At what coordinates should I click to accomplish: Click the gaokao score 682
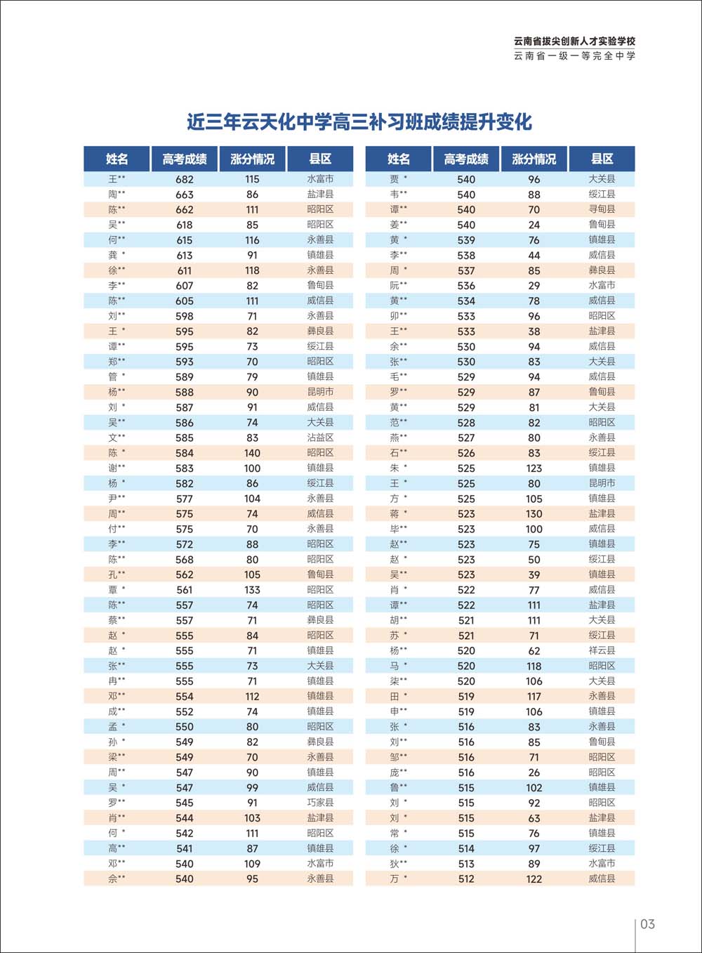pos(185,179)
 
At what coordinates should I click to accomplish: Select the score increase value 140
pos(252,453)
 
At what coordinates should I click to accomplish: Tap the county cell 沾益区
pos(320,438)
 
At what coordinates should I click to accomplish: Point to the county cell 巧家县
pos(320,803)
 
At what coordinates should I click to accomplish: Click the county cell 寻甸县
pos(602,209)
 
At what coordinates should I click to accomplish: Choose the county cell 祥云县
pos(602,650)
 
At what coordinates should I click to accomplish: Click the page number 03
pos(647,924)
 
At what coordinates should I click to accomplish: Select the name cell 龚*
pos(117,255)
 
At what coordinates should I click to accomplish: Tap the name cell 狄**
pos(398,864)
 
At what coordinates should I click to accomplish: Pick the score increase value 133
pos(252,590)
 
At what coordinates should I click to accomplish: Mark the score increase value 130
pos(534,513)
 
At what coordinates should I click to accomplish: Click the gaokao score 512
pos(466,879)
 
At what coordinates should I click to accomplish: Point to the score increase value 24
pos(534,225)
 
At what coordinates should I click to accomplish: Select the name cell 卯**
pos(398,316)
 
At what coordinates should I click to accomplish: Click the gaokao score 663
pos(185,195)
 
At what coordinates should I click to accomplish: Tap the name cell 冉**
pos(117,681)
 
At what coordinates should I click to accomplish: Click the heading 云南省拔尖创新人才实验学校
pos(574,41)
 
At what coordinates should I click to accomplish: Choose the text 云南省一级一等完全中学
pos(574,56)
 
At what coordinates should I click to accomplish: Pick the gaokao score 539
pos(466,240)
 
